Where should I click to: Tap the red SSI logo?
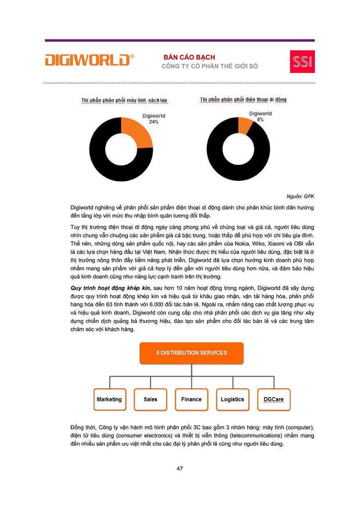point(302,61)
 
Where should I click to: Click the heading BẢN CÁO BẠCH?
point(189,57)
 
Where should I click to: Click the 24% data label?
point(153,122)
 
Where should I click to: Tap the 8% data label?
point(260,119)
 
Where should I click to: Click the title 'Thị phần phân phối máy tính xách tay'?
point(124,100)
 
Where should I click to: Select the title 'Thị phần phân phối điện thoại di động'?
point(243,100)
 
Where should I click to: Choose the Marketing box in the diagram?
point(109,399)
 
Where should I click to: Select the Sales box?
point(150,399)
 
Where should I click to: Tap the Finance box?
point(191,399)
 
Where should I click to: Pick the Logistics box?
point(232,399)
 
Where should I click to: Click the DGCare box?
point(273,399)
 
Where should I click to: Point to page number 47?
point(180,468)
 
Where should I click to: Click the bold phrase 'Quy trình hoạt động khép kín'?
point(111,287)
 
